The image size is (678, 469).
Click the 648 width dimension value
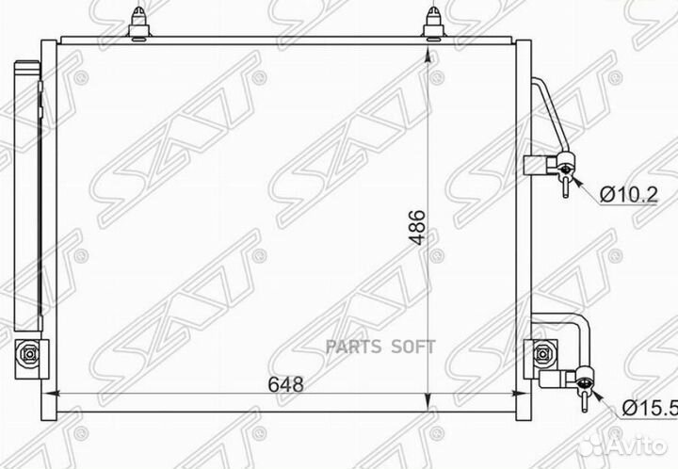tap(286, 384)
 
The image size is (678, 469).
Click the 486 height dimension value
tap(418, 228)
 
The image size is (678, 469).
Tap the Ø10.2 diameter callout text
tap(629, 195)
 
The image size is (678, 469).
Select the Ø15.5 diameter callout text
tap(650, 408)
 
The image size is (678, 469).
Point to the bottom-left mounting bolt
tap(29, 354)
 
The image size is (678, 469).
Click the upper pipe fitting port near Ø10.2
tap(566, 169)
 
